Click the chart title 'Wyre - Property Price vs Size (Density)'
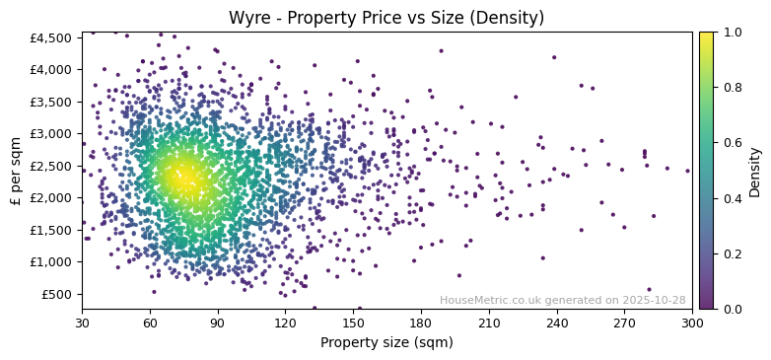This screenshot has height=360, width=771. pos(386,18)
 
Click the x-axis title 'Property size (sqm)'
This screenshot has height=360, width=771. pos(386,343)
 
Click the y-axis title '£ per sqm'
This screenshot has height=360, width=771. pos(16,170)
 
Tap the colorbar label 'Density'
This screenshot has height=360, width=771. pos(755,170)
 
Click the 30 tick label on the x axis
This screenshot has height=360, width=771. pos(82,324)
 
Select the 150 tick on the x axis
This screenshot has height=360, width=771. pos(353,324)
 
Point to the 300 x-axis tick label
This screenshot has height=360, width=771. pos(692,324)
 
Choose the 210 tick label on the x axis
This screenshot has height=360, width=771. pos(489,324)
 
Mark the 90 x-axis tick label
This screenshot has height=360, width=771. pos(218,324)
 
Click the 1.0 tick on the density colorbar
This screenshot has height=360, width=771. pos(732,32)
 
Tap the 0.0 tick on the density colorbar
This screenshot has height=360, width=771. pos(732,309)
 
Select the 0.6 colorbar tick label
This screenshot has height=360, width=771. pos(732,143)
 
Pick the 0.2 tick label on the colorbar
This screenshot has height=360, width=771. pos(732,253)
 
